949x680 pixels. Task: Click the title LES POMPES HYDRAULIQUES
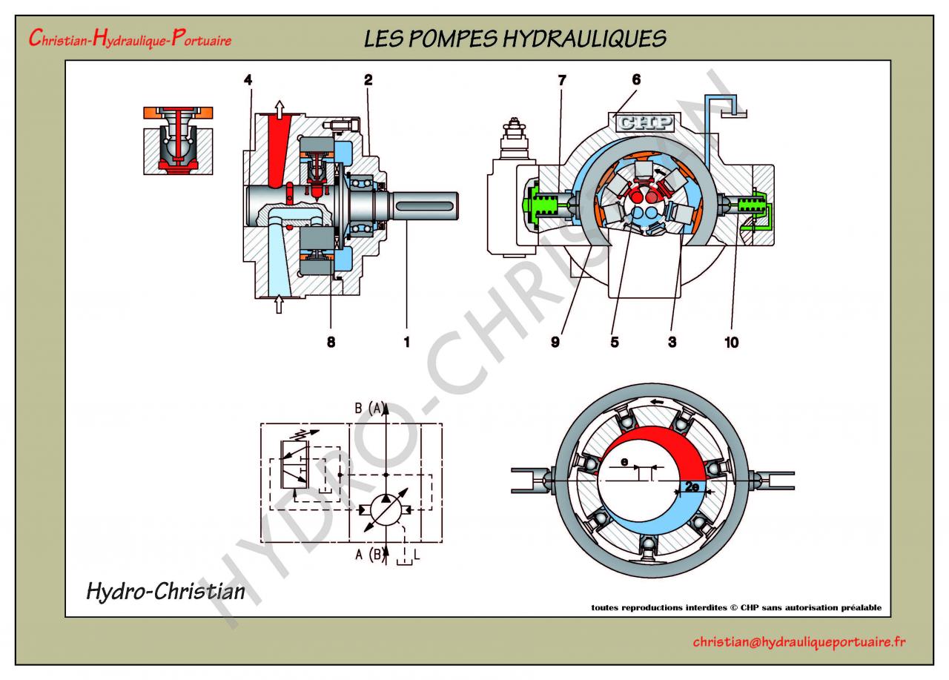pos(515,39)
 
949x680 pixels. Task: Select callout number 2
pos(367,79)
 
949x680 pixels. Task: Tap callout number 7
pos(561,79)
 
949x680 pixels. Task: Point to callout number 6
pos(635,79)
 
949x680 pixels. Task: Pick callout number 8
pos(331,342)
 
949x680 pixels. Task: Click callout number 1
pos(406,342)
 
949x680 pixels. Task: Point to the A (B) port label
pos(368,553)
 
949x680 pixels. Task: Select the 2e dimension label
pos(691,487)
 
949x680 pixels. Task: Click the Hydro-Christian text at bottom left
pos(165,591)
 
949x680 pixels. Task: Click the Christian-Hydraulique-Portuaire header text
pos(130,39)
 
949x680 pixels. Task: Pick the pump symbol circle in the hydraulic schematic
pos(386,510)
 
